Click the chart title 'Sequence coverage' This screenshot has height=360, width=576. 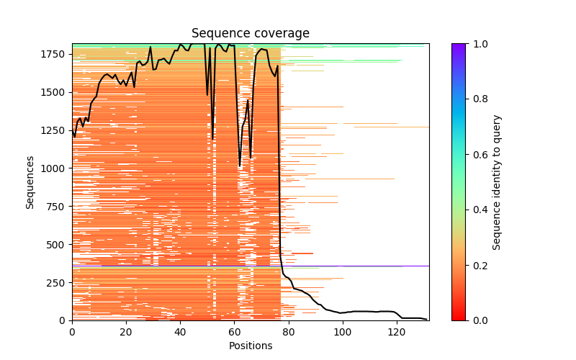pyautogui.click(x=251, y=34)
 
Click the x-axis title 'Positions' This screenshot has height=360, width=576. pyautogui.click(x=251, y=346)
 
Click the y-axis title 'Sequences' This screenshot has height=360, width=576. pyautogui.click(x=30, y=182)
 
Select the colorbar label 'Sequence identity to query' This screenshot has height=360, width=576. pyautogui.click(x=497, y=182)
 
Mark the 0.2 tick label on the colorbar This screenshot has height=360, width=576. pyautogui.click(x=477, y=265)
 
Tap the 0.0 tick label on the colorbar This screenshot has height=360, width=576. pyautogui.click(x=477, y=320)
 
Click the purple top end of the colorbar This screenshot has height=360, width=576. pyautogui.click(x=459, y=46)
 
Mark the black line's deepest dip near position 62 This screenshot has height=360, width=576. pyautogui.click(x=240, y=166)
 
